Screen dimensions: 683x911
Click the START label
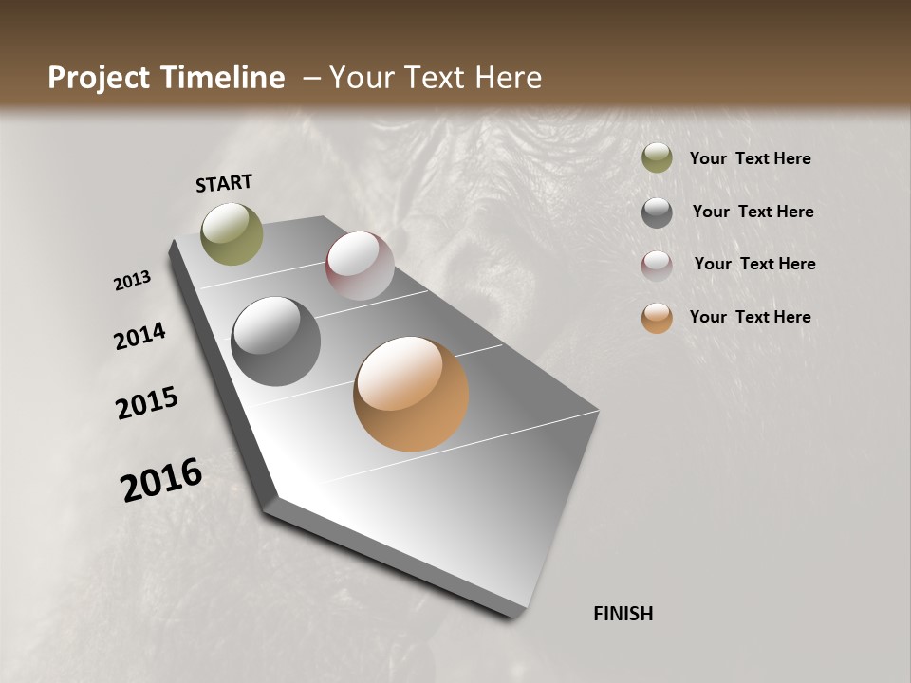[x=224, y=183]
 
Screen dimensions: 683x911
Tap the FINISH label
[x=623, y=614]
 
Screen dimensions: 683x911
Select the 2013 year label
[x=133, y=281]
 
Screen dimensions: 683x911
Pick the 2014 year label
[x=140, y=337]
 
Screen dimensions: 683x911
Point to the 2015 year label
[x=147, y=403]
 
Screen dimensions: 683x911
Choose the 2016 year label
[x=161, y=480]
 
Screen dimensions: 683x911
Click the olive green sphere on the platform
[x=232, y=233]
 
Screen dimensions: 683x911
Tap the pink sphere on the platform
[x=360, y=266]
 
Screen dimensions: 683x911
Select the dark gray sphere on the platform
[x=275, y=341]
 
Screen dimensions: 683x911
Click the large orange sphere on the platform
[x=411, y=394]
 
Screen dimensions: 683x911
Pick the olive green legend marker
[x=657, y=158]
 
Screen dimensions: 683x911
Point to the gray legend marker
[x=657, y=212]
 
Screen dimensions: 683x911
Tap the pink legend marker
[x=657, y=265]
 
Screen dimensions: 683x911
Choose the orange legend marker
[x=657, y=318]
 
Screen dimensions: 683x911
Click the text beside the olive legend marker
[x=750, y=159]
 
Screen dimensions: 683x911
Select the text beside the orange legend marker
[x=750, y=317]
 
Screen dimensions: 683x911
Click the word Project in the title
[x=98, y=78]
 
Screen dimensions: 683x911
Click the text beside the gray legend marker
[x=753, y=212]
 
